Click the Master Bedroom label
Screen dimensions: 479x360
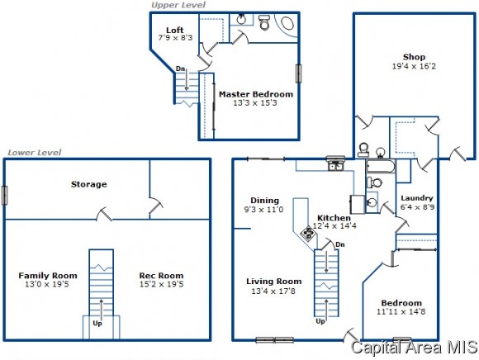256,94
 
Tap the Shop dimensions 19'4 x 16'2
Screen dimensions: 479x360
414,66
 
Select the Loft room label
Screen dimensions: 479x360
175,30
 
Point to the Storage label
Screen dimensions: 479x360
89,184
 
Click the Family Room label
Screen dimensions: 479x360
48,276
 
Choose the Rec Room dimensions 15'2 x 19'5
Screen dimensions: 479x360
161,284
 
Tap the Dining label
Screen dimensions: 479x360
264,201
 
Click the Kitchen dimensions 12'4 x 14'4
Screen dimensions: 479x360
334,226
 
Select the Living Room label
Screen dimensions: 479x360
273,282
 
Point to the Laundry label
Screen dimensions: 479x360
417,198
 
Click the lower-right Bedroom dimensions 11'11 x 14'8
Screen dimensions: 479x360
401,311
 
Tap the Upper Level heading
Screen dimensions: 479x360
178,5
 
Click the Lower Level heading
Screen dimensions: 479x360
34,153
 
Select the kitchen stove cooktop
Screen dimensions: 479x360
307,234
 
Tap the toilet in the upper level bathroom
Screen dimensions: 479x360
264,22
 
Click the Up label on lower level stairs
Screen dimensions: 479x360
97,324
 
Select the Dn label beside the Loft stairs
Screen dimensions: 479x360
180,69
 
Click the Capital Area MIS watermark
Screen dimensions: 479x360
415,347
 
